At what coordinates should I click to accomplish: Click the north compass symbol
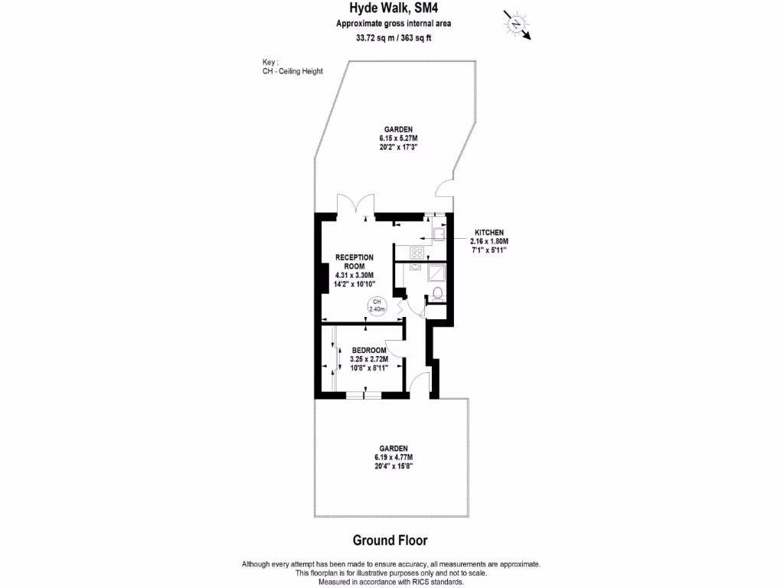[x=517, y=24]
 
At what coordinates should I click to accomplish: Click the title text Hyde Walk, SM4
[x=393, y=9]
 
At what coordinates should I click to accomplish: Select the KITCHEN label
[x=490, y=232]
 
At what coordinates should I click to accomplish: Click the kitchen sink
[x=439, y=233]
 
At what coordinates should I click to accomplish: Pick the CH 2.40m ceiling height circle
[x=377, y=305]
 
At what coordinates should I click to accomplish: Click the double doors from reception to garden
[x=356, y=205]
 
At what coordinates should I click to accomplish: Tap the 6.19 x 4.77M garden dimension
[x=394, y=456]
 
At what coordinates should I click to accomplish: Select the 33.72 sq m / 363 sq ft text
[x=393, y=38]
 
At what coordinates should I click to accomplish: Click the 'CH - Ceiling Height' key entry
[x=292, y=71]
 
